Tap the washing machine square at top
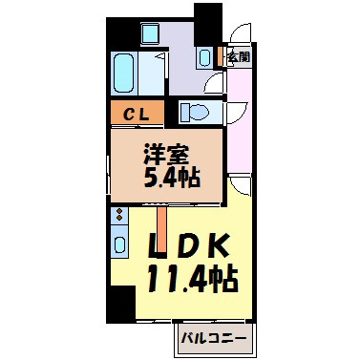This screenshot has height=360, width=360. coord(150,37)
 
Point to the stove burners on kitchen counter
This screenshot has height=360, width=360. coord(118,219)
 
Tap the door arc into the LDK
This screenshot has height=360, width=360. coord(238,187)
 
